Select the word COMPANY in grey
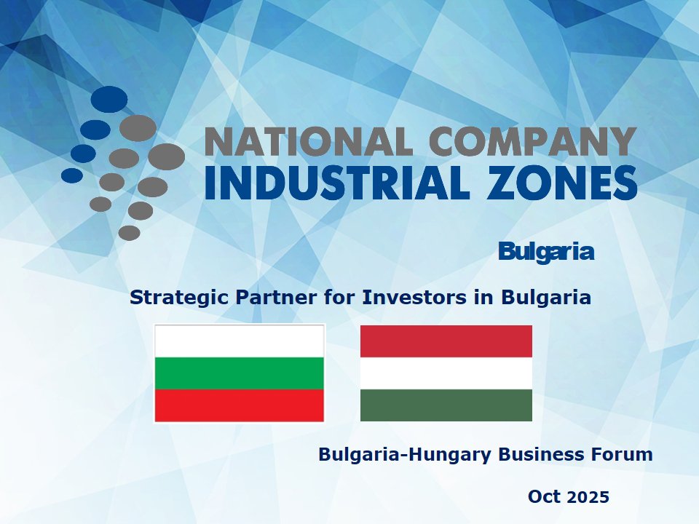coord(534,141)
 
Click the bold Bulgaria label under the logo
coord(546,252)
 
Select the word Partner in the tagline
coord(277,297)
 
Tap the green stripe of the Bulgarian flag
coord(240,373)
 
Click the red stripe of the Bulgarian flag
coord(240,405)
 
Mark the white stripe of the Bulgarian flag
coord(240,341)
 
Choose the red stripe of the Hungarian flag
coord(446,341)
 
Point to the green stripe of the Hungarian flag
coord(446,405)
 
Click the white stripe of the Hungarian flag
coord(446,373)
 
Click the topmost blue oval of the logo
coord(109,99)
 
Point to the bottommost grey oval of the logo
coord(130,233)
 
